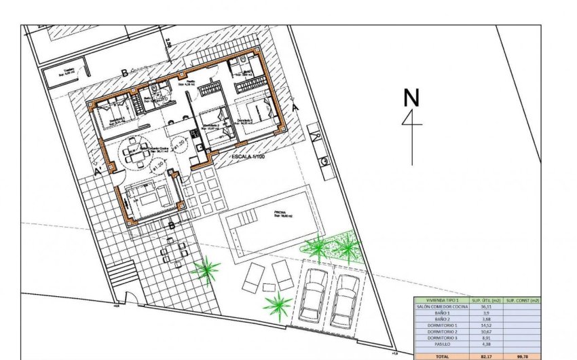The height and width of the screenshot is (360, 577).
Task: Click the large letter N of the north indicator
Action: (411, 98)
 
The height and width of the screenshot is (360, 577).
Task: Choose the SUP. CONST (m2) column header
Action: (522, 300)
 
